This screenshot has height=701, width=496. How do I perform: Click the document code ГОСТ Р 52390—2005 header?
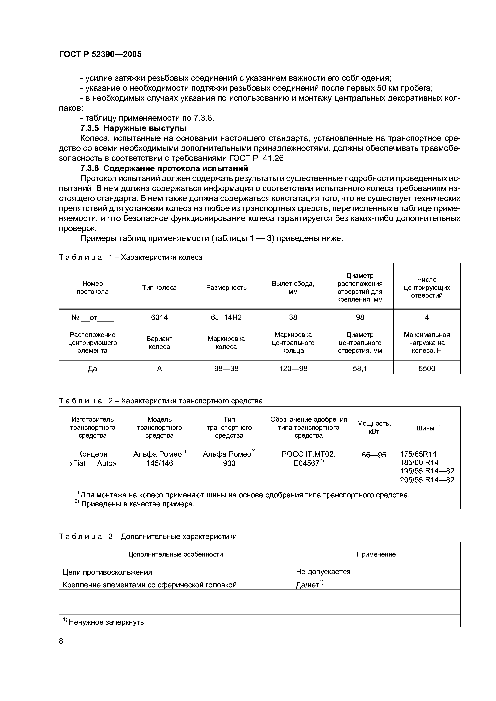(x=100, y=54)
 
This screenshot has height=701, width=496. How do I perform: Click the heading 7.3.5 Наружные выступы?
(x=133, y=128)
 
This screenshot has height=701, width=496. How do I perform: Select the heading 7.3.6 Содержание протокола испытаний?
(x=164, y=168)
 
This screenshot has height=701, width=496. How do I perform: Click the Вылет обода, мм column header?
(x=293, y=287)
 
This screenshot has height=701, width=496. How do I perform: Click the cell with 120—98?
(x=293, y=368)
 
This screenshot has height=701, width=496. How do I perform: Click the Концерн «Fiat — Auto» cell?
(x=93, y=459)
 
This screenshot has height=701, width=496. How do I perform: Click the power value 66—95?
(x=374, y=455)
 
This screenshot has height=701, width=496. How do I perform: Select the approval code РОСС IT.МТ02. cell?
(x=308, y=454)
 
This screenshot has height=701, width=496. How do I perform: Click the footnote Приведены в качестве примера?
(x=138, y=504)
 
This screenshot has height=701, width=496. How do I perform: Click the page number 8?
(x=61, y=641)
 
